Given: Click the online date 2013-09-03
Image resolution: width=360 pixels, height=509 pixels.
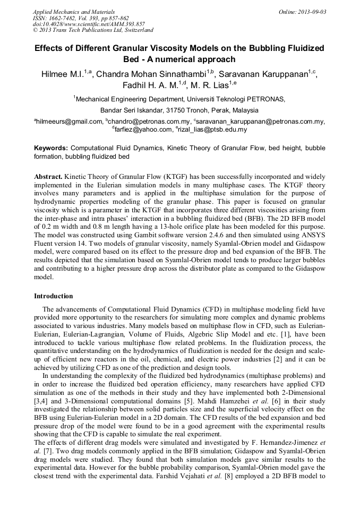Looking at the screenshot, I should point(313,12).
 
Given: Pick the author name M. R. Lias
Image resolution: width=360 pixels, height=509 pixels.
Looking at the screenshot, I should point(209,85).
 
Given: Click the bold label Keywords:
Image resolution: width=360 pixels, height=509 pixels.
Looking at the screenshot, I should point(51,148).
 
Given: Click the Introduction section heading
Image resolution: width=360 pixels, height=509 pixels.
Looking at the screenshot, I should point(54,296).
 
